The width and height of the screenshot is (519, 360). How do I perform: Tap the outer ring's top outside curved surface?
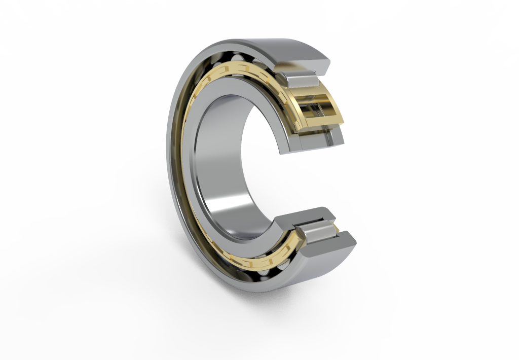pos(284,48)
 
